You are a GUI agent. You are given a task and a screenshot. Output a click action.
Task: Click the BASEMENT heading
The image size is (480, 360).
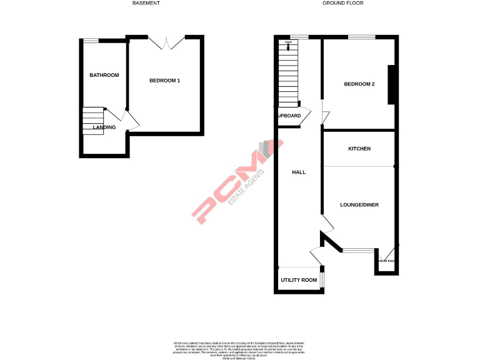coord(146,3)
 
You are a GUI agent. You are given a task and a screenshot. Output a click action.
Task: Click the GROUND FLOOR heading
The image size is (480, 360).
coord(342,3)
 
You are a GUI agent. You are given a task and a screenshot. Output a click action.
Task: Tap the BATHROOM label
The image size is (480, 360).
coord(104,75)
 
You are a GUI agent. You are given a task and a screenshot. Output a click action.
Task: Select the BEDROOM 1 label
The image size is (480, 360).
coord(164,81)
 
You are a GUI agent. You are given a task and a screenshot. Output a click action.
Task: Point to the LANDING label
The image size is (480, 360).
coord(104,127)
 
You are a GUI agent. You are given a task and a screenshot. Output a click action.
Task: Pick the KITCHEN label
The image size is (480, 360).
coord(359,149)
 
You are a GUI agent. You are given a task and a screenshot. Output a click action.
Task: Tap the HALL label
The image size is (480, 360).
coord(299,172)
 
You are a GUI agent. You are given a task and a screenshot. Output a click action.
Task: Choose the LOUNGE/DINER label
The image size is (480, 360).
coord(359,205)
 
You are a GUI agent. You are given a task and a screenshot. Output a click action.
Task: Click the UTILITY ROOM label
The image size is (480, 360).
coord(299,280)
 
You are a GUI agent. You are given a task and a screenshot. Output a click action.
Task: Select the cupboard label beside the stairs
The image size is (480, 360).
coord(289,116)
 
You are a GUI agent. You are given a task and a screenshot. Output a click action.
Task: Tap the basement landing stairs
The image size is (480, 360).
coord(92,121)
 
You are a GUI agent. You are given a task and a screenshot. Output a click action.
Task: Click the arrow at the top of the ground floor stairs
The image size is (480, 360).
coord(287,45)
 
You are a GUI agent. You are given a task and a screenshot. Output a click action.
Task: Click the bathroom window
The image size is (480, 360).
coord(91,41)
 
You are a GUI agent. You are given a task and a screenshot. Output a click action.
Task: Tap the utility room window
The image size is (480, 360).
coord(322,278)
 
